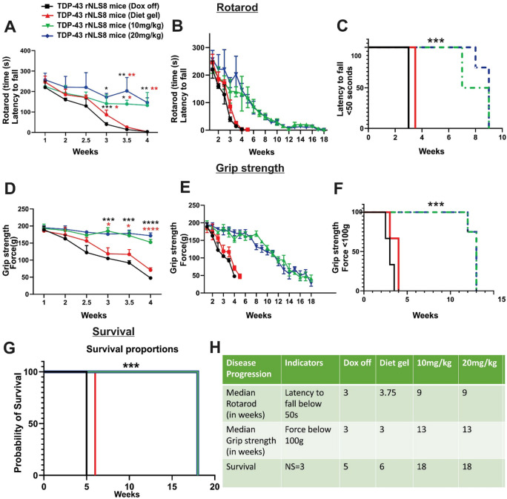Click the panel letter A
coord(10,28)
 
